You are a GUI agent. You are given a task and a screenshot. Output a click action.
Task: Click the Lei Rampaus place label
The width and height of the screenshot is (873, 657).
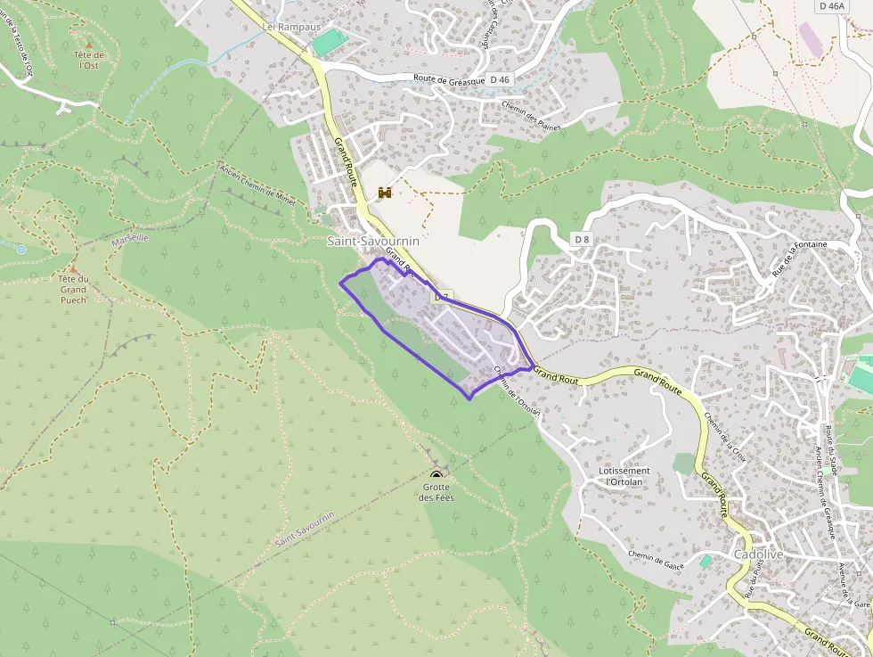[x=291, y=27]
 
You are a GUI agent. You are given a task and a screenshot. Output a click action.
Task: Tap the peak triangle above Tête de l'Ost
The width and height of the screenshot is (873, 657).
[x=89, y=44]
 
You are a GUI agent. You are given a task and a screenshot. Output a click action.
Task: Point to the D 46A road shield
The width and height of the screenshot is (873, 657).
[x=829, y=6]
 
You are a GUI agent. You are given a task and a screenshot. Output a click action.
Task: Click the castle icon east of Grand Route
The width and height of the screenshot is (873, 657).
[x=385, y=193]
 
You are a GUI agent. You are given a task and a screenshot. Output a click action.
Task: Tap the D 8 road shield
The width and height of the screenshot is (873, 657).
[x=582, y=239]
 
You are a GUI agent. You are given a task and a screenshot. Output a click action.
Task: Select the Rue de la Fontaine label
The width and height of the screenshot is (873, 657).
[x=799, y=257]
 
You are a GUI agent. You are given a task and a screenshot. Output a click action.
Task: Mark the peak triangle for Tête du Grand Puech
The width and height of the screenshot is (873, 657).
[x=74, y=267]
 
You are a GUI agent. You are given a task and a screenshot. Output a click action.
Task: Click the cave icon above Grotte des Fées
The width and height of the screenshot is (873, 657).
[x=436, y=474]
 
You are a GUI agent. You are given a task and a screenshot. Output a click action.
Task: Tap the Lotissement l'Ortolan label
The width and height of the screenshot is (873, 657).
[x=624, y=476]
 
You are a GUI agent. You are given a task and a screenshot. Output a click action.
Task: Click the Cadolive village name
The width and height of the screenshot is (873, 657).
[x=758, y=554]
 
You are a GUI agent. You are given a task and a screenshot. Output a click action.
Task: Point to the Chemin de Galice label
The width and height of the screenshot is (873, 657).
[x=655, y=558]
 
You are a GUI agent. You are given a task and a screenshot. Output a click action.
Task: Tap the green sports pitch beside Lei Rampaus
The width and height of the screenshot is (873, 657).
[x=329, y=41]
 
